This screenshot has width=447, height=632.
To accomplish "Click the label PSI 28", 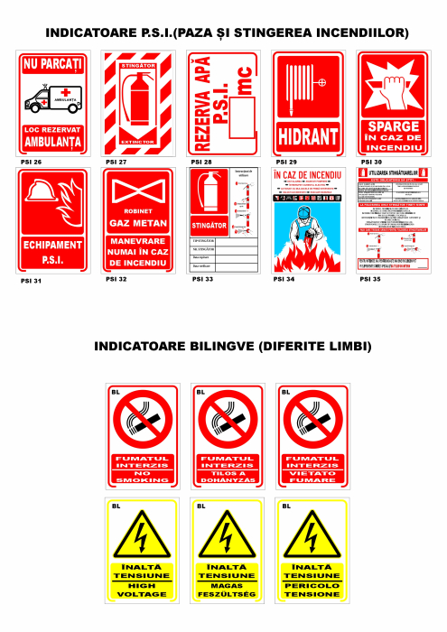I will click(x=201, y=163).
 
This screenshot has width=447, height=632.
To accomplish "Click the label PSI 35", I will click(x=370, y=280).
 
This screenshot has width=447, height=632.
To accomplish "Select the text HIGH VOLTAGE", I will click(x=142, y=590).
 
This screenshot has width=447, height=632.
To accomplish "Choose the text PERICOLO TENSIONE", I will click(x=311, y=590).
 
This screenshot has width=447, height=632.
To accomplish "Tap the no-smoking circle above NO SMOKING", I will click(x=142, y=421).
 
